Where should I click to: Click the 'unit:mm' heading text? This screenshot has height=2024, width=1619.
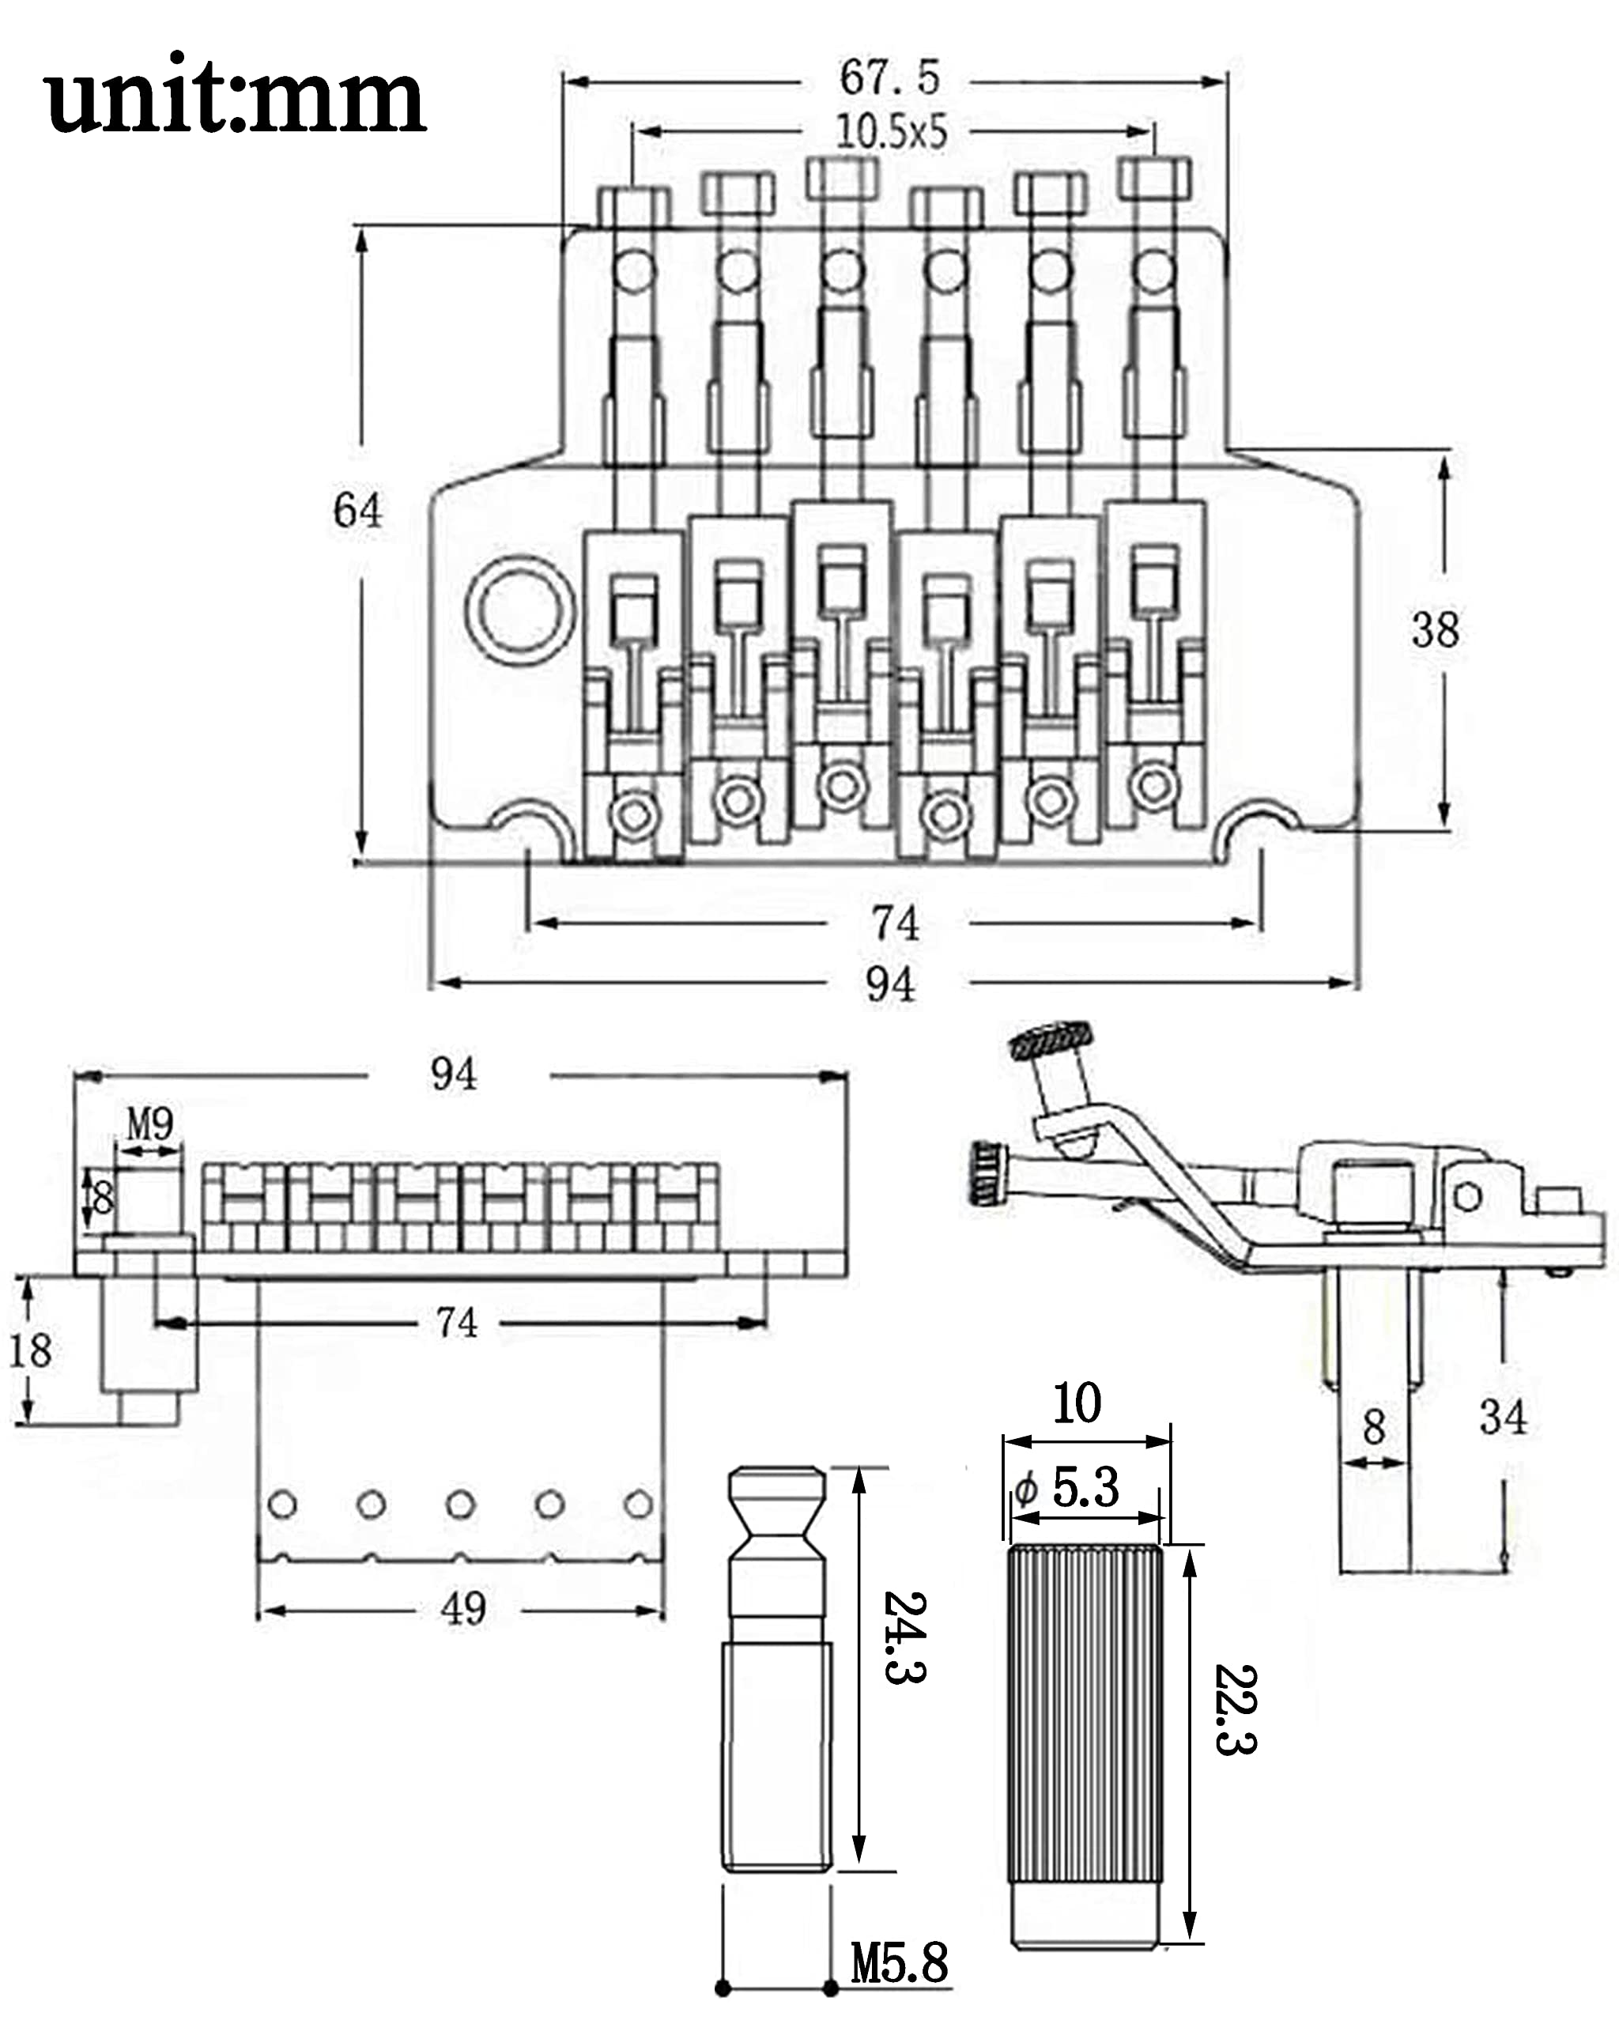click(235, 95)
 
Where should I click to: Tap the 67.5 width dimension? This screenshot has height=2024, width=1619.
click(889, 77)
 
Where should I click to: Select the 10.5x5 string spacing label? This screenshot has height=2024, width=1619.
click(892, 132)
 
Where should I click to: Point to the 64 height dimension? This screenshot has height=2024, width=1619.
click(357, 511)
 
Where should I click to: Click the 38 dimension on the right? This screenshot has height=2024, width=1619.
click(1435, 630)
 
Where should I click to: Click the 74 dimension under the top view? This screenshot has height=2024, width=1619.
click(896, 923)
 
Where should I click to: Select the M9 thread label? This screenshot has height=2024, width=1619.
click(150, 1123)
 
